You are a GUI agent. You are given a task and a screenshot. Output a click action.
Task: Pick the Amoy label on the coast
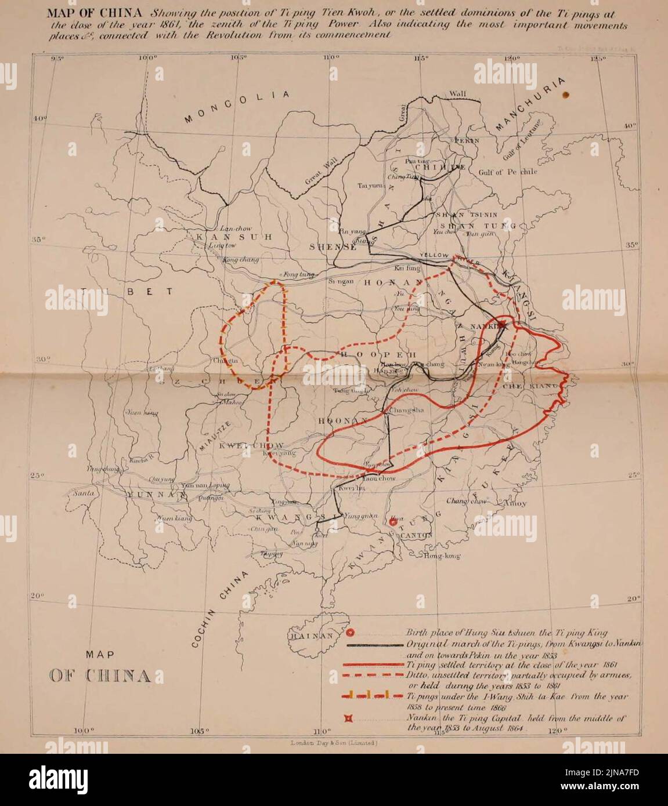tap(514, 503)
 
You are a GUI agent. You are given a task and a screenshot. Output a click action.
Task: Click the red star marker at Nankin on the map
tap(503, 326)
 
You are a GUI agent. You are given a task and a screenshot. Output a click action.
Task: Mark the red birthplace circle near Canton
tap(393, 522)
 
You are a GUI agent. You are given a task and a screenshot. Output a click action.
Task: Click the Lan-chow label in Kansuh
tap(232, 228)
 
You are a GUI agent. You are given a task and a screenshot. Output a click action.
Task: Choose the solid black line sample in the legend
tap(375, 645)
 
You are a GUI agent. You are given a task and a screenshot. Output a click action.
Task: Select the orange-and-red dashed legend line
tap(375, 696)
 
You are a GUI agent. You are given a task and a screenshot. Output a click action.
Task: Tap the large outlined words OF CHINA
tap(100, 676)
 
